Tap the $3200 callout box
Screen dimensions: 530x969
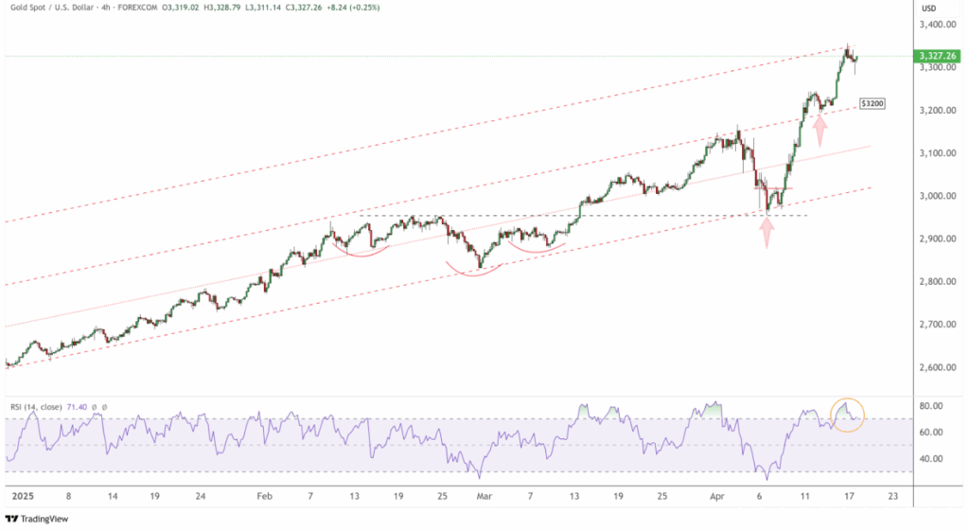[x=872, y=102]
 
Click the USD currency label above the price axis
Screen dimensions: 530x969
[x=929, y=8]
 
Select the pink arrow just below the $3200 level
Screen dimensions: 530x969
[x=820, y=125]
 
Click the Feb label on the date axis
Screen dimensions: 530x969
[x=264, y=494]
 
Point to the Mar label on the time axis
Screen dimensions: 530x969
[x=484, y=494]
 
